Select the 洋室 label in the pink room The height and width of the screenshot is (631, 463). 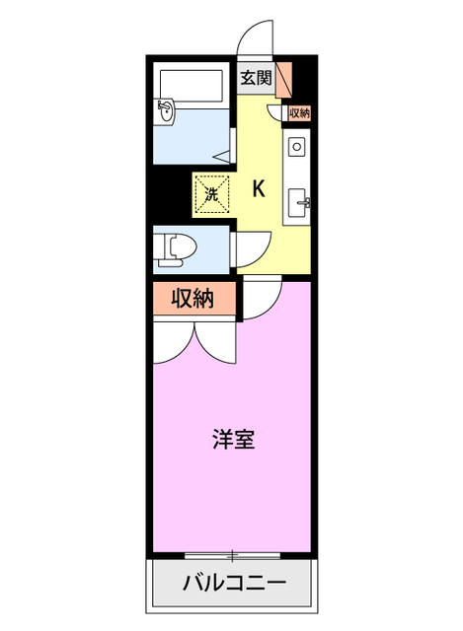[x=234, y=440]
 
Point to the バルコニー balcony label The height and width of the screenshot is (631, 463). [x=234, y=584]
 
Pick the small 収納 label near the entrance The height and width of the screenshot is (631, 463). [x=300, y=113]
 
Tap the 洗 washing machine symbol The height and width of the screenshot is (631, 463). [x=210, y=193]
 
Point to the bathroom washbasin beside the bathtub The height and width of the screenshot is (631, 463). [x=165, y=110]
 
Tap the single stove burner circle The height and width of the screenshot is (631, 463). [x=297, y=147]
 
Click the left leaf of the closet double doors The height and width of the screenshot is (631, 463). [x=174, y=340]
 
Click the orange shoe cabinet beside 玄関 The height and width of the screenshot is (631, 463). [x=283, y=78]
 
